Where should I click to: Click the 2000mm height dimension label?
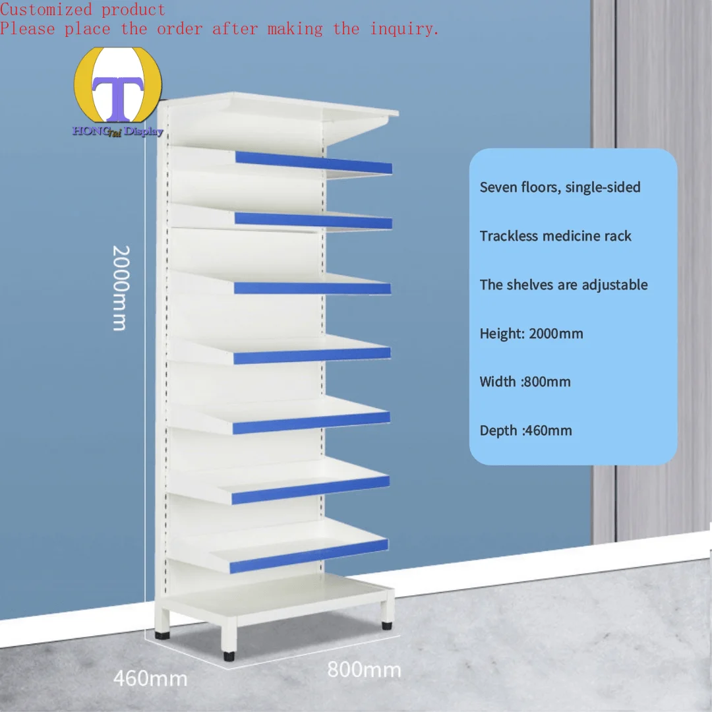(x=119, y=287)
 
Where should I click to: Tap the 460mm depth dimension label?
(x=150, y=678)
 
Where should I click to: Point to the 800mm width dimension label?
(x=364, y=669)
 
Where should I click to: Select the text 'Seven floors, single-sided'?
(x=560, y=187)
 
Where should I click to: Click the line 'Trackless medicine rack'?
(x=555, y=236)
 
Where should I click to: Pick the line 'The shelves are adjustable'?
(x=564, y=285)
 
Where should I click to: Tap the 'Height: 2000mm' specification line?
(x=531, y=334)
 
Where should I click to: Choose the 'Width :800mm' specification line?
(x=525, y=382)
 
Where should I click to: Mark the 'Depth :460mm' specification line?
(x=525, y=430)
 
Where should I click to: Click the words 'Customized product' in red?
(x=82, y=10)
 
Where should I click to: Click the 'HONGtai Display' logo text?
(x=118, y=131)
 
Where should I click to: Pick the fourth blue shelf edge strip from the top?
(x=312, y=355)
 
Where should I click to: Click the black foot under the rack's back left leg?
(x=162, y=635)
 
